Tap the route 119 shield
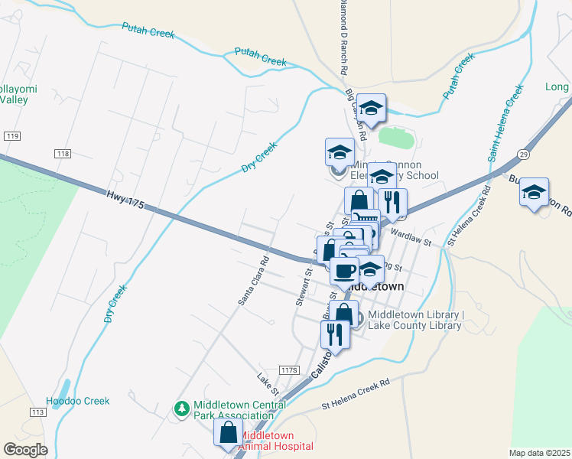point(11,135)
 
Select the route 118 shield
point(63,155)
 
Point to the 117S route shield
point(288,369)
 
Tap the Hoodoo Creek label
point(78,401)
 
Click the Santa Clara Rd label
point(254,279)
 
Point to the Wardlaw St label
point(411,235)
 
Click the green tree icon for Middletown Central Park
point(182,409)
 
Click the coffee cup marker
point(344,270)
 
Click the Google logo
point(26,449)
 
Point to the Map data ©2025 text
point(539,453)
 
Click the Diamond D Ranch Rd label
point(343,37)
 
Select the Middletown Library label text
point(415,320)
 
